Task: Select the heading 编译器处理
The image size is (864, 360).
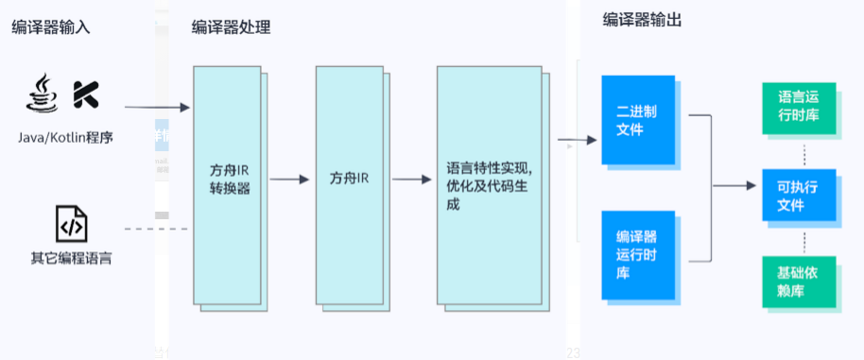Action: point(231,27)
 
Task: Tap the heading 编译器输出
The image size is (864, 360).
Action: point(643,21)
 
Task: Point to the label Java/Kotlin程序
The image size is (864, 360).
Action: point(65,138)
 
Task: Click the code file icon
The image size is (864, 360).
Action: point(72,226)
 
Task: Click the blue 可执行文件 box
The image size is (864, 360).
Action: point(798,196)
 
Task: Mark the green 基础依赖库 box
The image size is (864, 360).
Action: point(798,281)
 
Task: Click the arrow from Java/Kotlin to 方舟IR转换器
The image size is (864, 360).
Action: point(157,109)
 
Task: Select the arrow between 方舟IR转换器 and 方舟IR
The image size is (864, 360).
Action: point(290,180)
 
